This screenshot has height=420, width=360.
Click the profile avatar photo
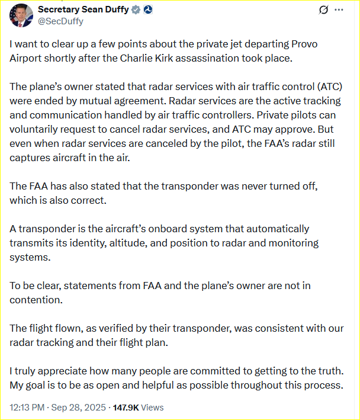tap(21, 15)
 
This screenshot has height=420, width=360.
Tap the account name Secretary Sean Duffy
tap(83, 9)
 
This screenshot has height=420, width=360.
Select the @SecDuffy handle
tap(60, 21)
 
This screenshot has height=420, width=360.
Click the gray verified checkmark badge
tap(136, 9)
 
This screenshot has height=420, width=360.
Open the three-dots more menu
tap(339, 10)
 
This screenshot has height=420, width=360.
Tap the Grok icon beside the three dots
tap(323, 10)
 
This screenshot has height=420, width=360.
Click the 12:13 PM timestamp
tap(28, 408)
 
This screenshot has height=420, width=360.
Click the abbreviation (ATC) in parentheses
tap(327, 86)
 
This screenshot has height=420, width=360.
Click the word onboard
tap(171, 229)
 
